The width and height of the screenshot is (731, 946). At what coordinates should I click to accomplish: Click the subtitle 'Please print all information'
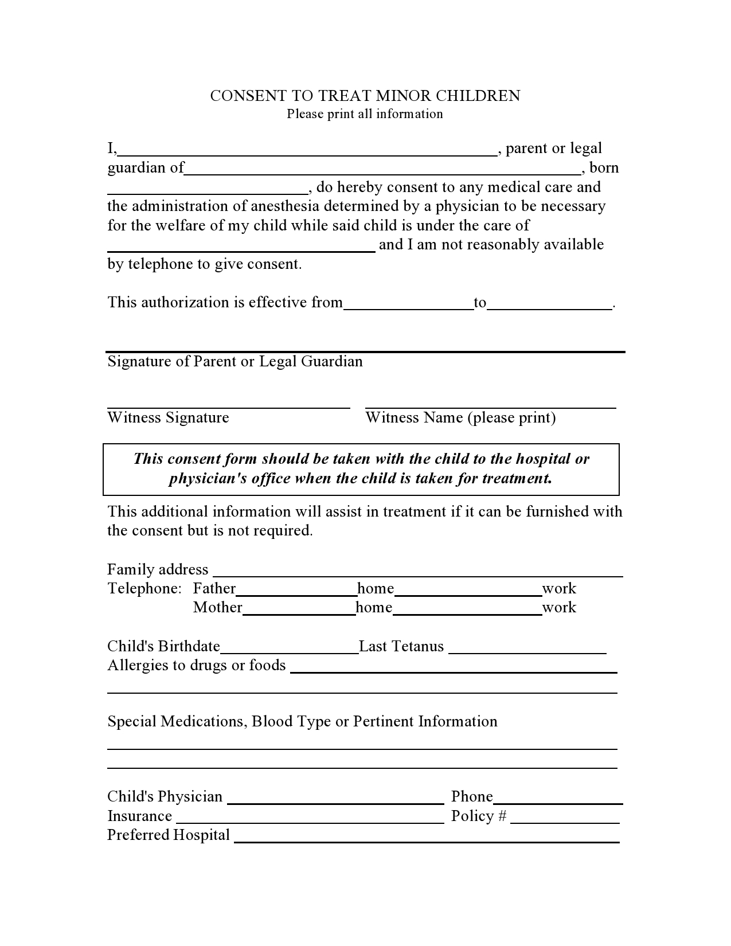(x=365, y=114)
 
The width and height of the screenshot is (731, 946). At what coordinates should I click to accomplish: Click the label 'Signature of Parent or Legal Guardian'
(x=235, y=362)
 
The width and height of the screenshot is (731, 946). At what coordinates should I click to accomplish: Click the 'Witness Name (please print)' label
(x=460, y=418)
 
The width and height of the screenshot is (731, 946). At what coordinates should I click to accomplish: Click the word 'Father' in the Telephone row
(x=214, y=589)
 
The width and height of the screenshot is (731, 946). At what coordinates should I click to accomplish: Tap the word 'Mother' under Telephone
(x=217, y=608)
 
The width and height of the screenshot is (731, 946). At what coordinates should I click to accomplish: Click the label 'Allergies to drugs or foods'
(x=197, y=666)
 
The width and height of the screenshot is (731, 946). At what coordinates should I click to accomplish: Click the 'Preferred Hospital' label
(x=169, y=835)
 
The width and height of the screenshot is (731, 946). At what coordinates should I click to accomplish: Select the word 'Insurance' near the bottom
(x=139, y=816)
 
